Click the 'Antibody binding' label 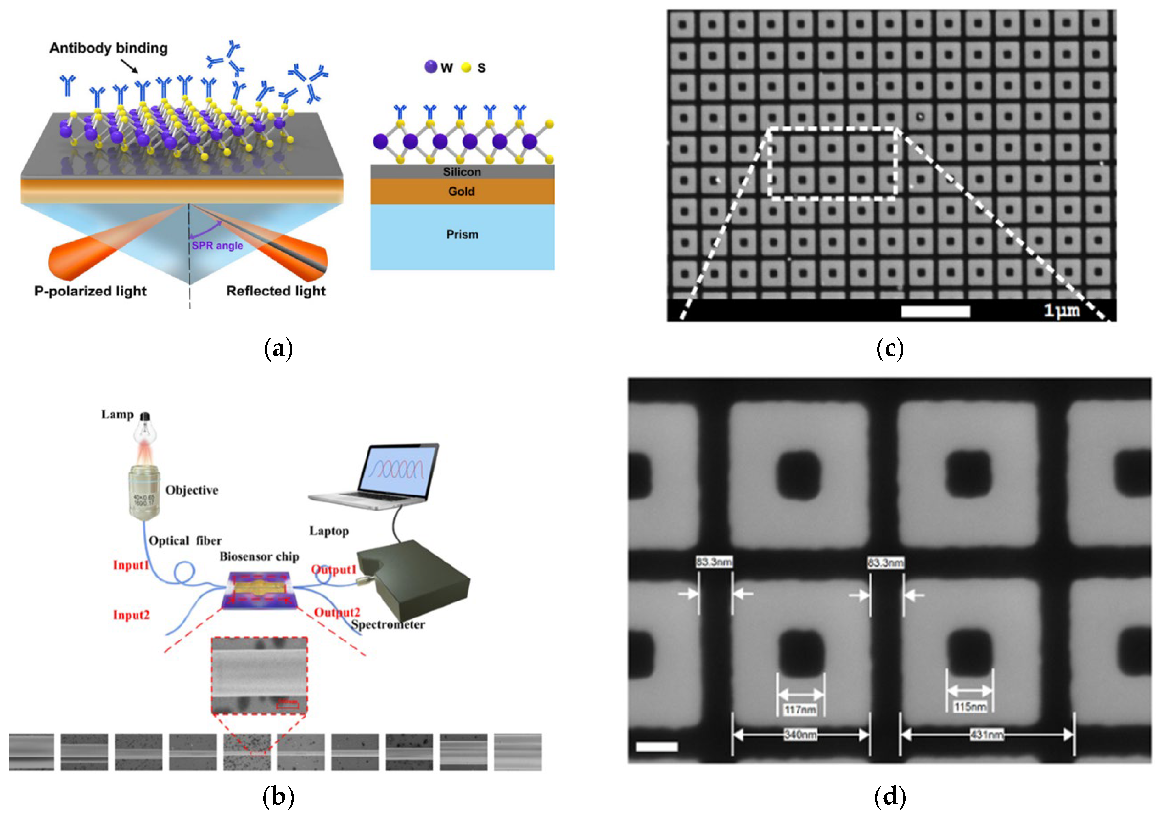point(108,48)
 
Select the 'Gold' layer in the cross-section point(461,192)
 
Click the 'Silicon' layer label point(462,172)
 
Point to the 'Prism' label point(462,235)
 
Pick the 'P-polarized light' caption point(91,291)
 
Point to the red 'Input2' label point(131,615)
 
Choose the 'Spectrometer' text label point(388,625)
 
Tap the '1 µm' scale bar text point(1061,310)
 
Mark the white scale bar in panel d point(656,746)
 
